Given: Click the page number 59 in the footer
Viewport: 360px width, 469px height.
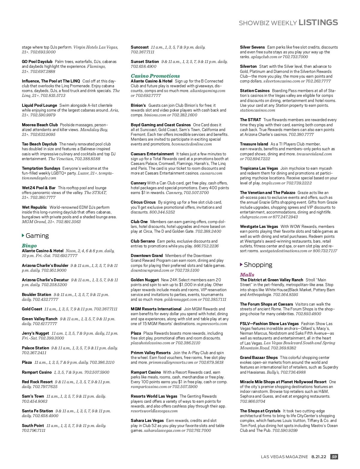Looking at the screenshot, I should coord(334,457).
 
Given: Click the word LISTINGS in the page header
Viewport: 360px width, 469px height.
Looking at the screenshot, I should coord(318,22).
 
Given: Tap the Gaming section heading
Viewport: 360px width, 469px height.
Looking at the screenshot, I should coord(37,236).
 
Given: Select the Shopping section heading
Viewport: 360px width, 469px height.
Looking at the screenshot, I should coord(258,265).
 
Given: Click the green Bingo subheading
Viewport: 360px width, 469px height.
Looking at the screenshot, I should coord(29,246).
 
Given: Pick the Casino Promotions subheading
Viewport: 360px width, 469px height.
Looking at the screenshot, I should coord(155,76).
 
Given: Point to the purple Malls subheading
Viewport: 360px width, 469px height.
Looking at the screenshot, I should coord(247,275).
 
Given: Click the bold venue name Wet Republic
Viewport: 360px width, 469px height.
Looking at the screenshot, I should coord(34,207).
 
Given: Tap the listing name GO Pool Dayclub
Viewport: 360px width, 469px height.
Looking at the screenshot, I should coord(37,61).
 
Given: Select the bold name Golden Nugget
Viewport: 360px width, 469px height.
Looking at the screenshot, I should coord(145,280).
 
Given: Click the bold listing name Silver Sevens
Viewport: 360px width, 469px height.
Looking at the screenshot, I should coord(252,47).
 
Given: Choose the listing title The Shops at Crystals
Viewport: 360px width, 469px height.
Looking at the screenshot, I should coord(260,411).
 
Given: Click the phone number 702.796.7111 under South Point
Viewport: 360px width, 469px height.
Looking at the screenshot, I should coord(34,430).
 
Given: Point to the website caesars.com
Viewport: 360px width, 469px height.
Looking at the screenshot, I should coord(211,173).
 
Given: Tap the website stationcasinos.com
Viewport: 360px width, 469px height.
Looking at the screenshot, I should coord(257,110).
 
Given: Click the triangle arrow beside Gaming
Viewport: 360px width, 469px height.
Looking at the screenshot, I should coord(23,235).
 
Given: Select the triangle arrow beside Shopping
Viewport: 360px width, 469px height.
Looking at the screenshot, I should coord(241,264).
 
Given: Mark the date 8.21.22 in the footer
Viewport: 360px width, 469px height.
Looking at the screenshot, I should coord(319,457).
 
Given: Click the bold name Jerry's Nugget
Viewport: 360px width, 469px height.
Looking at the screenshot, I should coord(35,333).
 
